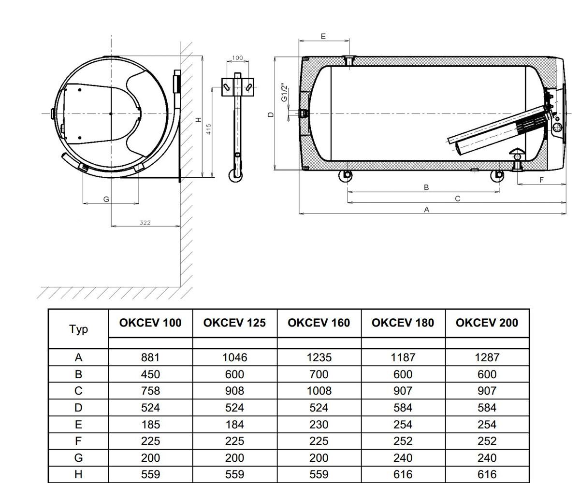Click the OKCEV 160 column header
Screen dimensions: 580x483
coord(319,323)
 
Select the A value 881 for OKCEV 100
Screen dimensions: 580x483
coord(150,357)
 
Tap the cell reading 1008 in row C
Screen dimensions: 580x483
coord(319,391)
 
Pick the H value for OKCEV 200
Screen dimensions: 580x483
coord(487,474)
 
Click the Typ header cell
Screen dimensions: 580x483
coord(78,329)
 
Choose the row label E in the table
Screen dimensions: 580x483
coord(78,425)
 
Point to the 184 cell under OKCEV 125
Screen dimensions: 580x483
coord(234,425)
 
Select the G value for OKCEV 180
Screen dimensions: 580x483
coord(403,458)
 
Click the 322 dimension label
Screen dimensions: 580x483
coord(145,222)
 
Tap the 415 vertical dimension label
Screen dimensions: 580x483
coord(209,129)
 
